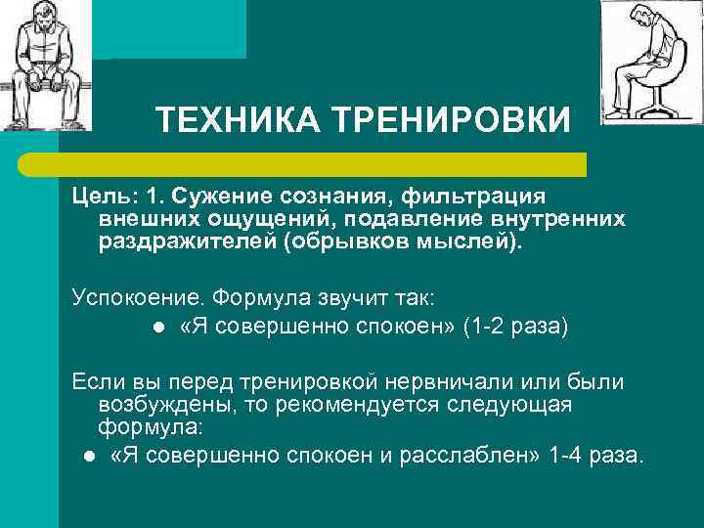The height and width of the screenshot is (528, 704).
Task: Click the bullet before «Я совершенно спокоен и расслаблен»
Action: pyautogui.click(x=89, y=455)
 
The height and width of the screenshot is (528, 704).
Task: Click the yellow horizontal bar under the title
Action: pyautogui.click(x=323, y=163)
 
